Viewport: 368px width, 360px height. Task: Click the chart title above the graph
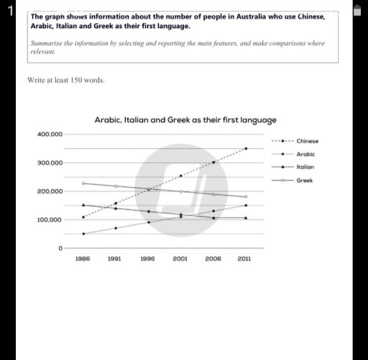(185, 120)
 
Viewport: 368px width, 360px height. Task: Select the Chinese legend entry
(307, 141)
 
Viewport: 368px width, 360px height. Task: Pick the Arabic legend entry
(305, 154)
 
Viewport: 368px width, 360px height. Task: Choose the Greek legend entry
(304, 180)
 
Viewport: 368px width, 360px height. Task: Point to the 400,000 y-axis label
(50, 134)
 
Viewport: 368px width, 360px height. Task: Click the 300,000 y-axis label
(50, 163)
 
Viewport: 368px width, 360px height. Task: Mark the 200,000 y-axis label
(50, 191)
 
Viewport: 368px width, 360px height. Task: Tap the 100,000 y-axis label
(50, 219)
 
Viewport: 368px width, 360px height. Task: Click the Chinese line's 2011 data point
(246, 149)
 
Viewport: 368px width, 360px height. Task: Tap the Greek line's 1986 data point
(83, 183)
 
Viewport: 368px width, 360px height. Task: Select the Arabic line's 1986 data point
(83, 234)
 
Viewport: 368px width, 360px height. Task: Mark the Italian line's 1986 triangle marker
(83, 205)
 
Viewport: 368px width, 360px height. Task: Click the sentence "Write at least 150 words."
(65, 80)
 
